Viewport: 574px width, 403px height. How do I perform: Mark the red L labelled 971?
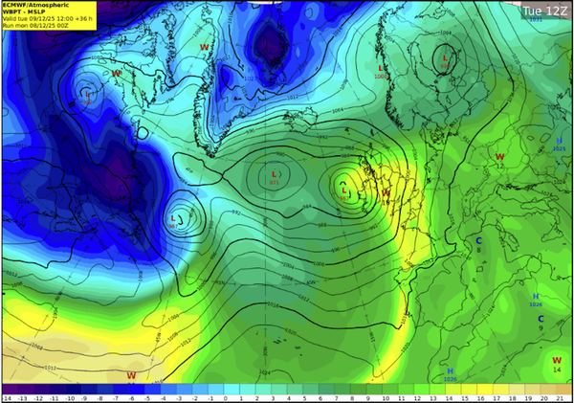pyautogui.click(x=276, y=173)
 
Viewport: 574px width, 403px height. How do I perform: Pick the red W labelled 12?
pyautogui.click(x=499, y=156)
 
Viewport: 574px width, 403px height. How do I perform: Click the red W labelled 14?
pyautogui.click(x=556, y=360)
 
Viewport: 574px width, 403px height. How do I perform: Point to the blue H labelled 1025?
pyautogui.click(x=560, y=141)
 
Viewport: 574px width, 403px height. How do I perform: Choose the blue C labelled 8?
pyautogui.click(x=478, y=240)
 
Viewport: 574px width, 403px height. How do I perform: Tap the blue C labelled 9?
pyautogui.click(x=541, y=319)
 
